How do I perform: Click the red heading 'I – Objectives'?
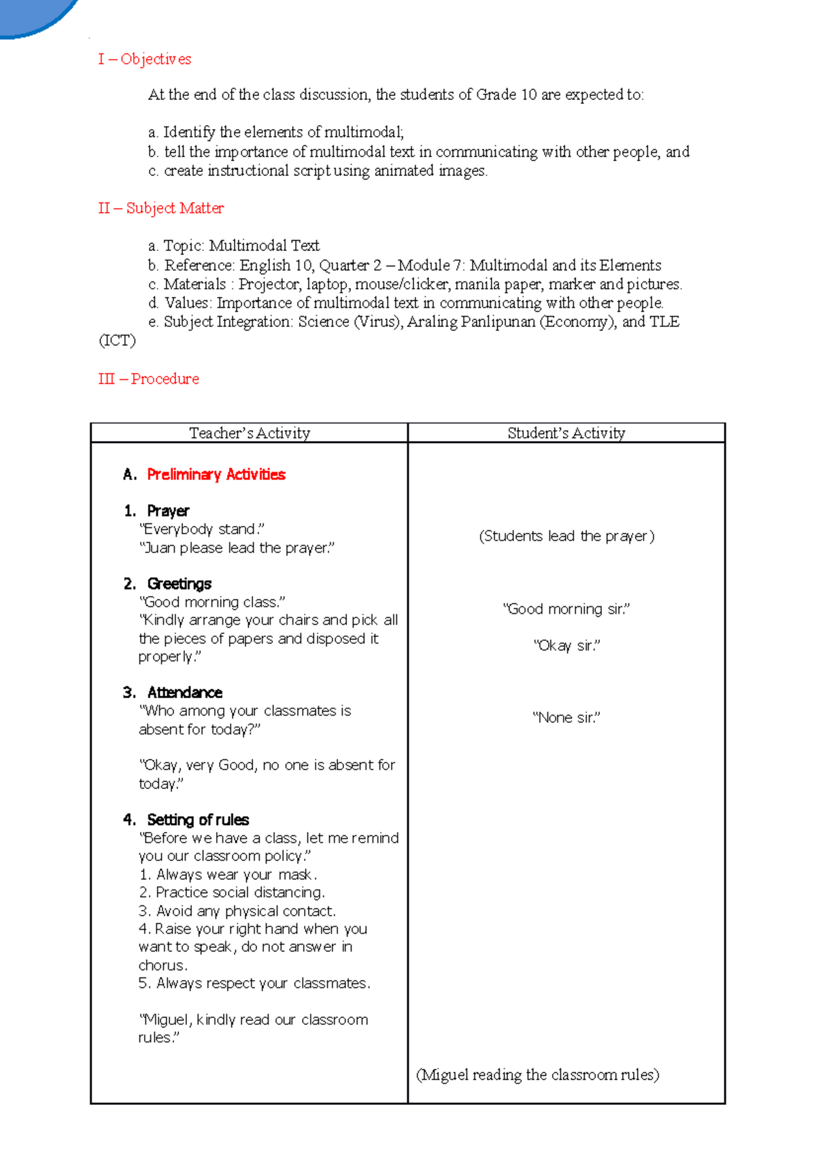(x=144, y=59)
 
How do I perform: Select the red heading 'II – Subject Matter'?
(x=160, y=208)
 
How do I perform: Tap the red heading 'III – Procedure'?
(x=148, y=379)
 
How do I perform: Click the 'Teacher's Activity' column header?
(x=249, y=433)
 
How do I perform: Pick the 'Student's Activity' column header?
(x=566, y=433)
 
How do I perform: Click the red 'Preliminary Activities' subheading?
(x=216, y=474)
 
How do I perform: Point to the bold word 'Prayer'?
(x=168, y=510)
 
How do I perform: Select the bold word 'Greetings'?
(x=179, y=584)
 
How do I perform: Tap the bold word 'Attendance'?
(x=184, y=693)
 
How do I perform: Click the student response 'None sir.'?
(x=566, y=718)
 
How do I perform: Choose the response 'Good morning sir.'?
(x=566, y=609)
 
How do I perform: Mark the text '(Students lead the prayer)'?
(x=566, y=536)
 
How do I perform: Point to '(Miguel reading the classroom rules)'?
(x=537, y=1074)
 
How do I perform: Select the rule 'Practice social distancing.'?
(x=233, y=892)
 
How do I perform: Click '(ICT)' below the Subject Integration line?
(x=117, y=340)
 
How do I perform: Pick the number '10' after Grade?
(x=529, y=94)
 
